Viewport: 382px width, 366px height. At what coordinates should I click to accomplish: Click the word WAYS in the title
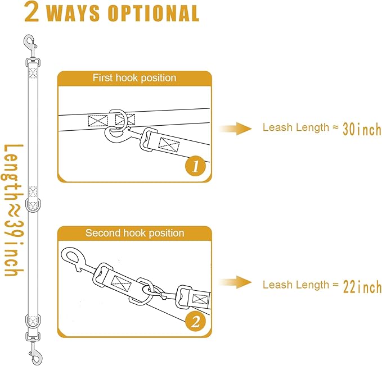pos(75,13)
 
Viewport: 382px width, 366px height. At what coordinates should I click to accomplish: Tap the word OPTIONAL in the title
pos(154,13)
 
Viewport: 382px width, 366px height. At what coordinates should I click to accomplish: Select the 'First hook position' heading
pos(134,78)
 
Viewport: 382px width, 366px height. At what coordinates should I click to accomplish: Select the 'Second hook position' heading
pos(134,233)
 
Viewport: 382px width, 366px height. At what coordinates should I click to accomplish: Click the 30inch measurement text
pos(362,130)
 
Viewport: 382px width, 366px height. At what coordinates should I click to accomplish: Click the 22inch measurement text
pos(362,287)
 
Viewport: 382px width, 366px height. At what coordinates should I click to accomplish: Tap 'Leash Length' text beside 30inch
pos(296,127)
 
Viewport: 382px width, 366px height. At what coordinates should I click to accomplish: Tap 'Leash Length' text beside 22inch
pos(296,285)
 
